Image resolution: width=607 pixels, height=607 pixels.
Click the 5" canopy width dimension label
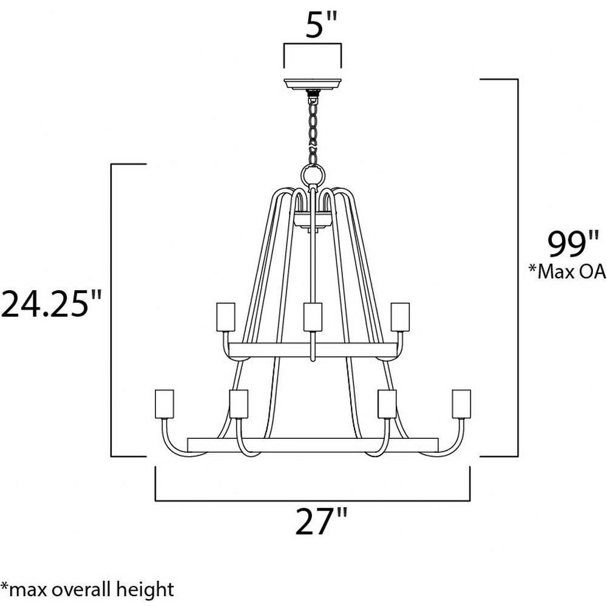(x=321, y=25)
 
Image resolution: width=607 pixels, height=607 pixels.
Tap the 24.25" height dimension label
(x=51, y=304)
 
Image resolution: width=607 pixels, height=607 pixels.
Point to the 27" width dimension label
(x=321, y=521)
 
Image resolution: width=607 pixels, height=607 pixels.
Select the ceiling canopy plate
(x=313, y=84)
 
